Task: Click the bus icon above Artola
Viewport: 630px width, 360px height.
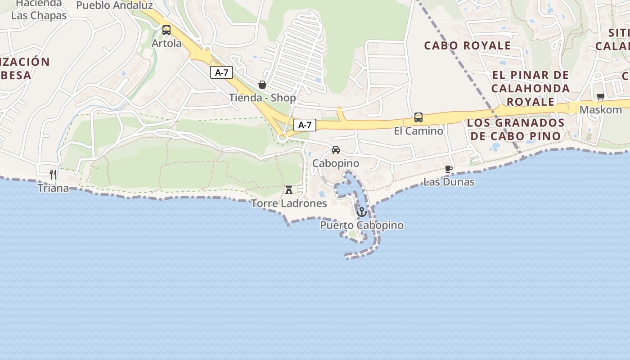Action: (166, 30)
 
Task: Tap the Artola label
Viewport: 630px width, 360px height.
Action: (166, 43)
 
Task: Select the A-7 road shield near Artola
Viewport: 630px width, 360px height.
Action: (221, 72)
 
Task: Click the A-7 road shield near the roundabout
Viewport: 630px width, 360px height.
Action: (305, 125)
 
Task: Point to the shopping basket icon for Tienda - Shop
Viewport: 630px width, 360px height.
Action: (262, 85)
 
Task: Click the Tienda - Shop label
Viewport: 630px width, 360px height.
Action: (262, 98)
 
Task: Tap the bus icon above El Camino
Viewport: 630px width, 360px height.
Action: (418, 117)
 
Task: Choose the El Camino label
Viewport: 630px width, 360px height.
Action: (418, 131)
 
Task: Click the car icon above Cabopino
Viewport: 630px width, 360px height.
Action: (336, 150)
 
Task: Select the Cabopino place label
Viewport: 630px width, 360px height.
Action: (336, 163)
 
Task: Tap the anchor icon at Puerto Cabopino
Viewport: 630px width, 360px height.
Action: (362, 211)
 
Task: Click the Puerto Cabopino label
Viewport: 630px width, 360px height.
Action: (362, 225)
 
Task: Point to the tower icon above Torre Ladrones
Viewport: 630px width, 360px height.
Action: (289, 190)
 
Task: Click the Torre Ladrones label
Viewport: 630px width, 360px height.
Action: (289, 203)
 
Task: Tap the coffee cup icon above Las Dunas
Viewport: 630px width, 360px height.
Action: (449, 169)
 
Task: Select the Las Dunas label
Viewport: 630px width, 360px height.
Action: (449, 182)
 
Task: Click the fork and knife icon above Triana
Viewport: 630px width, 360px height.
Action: (53, 175)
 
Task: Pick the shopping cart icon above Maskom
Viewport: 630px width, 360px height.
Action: (600, 96)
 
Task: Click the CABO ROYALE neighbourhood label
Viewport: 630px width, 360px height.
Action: (468, 45)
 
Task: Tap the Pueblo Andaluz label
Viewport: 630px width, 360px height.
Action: (114, 5)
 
